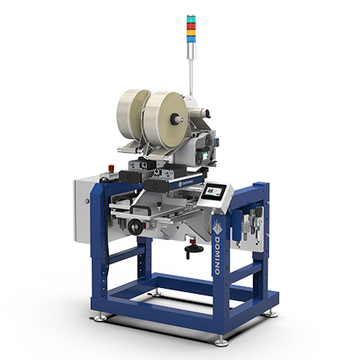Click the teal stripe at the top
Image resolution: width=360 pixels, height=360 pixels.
pos(191,18)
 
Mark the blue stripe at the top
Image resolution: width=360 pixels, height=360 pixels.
pos(191,38)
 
